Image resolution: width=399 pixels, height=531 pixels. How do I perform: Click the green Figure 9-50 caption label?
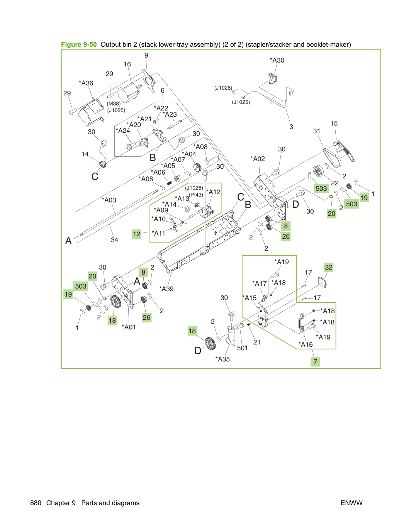pyautogui.click(x=79, y=44)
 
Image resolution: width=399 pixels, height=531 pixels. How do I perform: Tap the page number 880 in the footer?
pyautogui.click(x=36, y=503)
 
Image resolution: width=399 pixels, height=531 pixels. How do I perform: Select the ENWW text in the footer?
pyautogui.click(x=351, y=503)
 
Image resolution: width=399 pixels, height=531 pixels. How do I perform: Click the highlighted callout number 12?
pyautogui.click(x=136, y=234)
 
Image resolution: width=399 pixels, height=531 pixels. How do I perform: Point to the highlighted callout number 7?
pyautogui.click(x=315, y=361)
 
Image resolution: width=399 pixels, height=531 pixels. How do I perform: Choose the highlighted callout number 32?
pyautogui.click(x=329, y=267)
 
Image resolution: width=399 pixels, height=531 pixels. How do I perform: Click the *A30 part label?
pyautogui.click(x=277, y=60)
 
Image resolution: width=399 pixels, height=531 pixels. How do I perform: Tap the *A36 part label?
pyautogui.click(x=86, y=83)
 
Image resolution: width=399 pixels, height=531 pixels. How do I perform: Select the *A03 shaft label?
pyautogui.click(x=109, y=200)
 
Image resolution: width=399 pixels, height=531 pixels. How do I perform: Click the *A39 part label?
pyautogui.click(x=166, y=289)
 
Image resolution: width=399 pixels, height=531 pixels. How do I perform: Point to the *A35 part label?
pyautogui.click(x=222, y=359)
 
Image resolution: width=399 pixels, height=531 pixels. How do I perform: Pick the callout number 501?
pyautogui.click(x=242, y=348)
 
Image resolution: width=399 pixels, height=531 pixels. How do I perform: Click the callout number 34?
pyautogui.click(x=114, y=240)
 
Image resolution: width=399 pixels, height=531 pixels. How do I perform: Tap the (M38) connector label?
pyautogui.click(x=114, y=104)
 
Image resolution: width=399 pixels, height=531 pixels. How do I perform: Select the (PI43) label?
pyautogui.click(x=196, y=195)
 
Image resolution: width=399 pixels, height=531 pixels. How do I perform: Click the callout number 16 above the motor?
pyautogui.click(x=127, y=64)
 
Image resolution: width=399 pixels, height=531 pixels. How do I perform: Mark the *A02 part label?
pyautogui.click(x=258, y=159)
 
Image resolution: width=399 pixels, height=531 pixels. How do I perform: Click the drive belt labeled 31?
pyautogui.click(x=331, y=158)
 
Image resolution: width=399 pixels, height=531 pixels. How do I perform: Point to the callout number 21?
pyautogui.click(x=257, y=342)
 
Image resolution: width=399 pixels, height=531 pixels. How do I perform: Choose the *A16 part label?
pyautogui.click(x=306, y=344)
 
